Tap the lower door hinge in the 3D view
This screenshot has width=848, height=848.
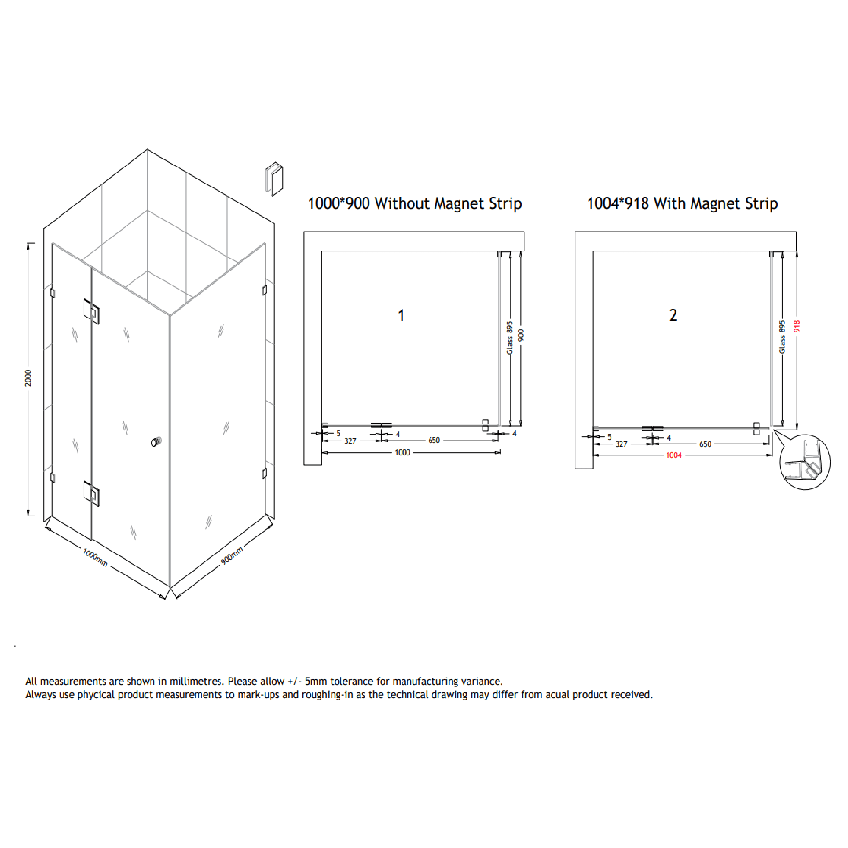coord(91,493)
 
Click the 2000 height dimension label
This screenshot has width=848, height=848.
coord(28,378)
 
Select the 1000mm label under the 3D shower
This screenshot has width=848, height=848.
coord(95,558)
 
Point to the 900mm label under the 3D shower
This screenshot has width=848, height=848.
coord(232,556)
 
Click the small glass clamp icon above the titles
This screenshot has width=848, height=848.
coord(275,179)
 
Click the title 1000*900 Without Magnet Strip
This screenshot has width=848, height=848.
coord(414,204)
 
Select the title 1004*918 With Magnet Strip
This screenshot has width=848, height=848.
coord(682,204)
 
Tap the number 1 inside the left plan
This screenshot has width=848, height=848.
coord(400,315)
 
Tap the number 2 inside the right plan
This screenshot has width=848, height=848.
coord(673,315)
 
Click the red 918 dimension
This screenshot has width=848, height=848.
coord(797,326)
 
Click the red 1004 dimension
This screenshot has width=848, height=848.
coord(673,455)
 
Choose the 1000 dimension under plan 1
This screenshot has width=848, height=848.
coord(402,452)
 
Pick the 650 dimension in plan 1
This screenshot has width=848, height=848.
coord(434,440)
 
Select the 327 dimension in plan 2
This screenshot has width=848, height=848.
coord(621,444)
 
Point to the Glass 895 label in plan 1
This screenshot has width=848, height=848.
coord(510,338)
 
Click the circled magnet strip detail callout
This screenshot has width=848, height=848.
coord(805,462)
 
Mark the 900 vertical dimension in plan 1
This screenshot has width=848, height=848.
coord(521,335)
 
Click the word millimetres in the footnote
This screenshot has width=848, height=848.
coord(197,681)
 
